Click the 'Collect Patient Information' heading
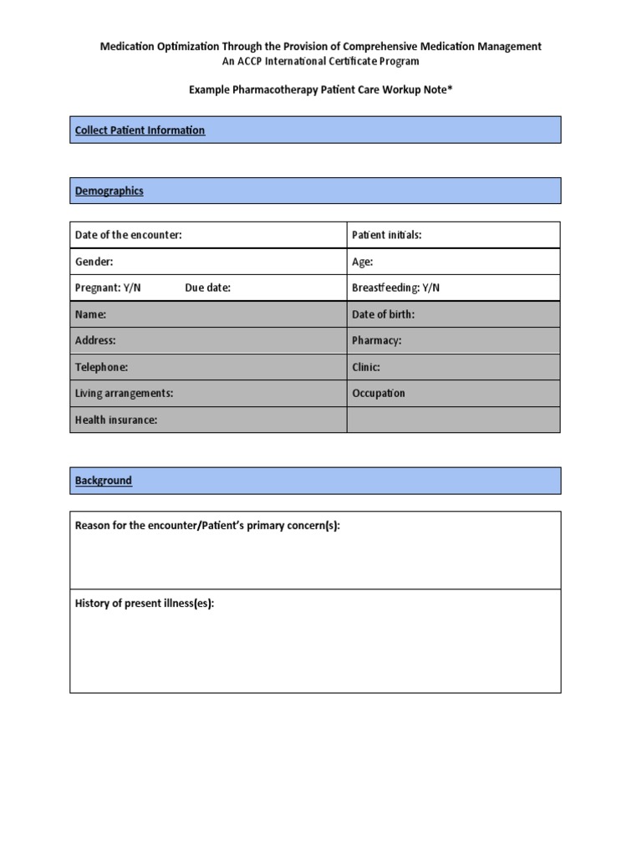(140, 130)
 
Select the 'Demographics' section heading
(109, 191)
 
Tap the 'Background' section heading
(103, 481)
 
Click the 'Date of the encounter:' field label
(128, 235)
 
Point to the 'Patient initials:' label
(386, 235)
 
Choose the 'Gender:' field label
(94, 262)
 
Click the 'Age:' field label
(362, 262)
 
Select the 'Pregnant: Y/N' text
(108, 288)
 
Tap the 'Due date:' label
(207, 288)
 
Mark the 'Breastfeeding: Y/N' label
(395, 288)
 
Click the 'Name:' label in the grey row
(90, 314)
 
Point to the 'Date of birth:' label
(383, 314)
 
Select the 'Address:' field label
(95, 340)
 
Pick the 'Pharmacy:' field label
(376, 340)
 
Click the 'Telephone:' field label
(101, 367)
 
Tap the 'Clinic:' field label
(365, 367)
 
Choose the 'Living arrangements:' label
(124, 393)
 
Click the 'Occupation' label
(378, 393)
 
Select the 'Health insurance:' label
(115, 420)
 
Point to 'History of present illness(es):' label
(144, 604)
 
